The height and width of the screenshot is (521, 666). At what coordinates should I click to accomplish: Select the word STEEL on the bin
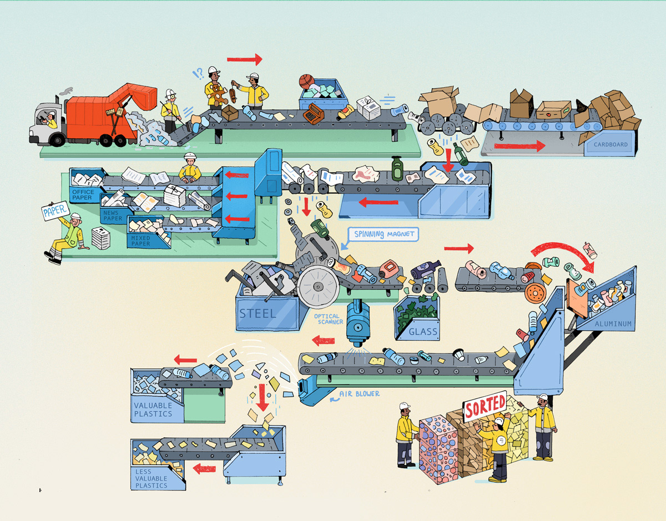pyautogui.click(x=258, y=313)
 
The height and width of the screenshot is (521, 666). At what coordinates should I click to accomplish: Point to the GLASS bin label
pyautogui.click(x=423, y=332)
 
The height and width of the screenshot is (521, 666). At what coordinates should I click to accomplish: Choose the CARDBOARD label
pyautogui.click(x=610, y=145)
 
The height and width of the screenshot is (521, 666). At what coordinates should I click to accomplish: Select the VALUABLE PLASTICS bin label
pyautogui.click(x=153, y=409)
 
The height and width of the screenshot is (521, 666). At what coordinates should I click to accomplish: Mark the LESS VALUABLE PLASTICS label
pyautogui.click(x=151, y=478)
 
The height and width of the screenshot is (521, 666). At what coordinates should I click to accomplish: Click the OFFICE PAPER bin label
pyautogui.click(x=83, y=195)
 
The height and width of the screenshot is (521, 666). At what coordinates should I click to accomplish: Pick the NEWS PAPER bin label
pyautogui.click(x=113, y=215)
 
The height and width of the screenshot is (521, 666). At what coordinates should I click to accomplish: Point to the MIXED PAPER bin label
pyautogui.click(x=140, y=241)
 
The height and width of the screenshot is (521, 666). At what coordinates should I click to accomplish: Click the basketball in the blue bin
pyautogui.click(x=306, y=82)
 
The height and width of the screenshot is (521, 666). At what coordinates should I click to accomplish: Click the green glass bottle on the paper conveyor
pyautogui.click(x=397, y=169)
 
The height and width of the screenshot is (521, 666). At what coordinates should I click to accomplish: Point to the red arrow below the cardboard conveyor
pyautogui.click(x=519, y=146)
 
